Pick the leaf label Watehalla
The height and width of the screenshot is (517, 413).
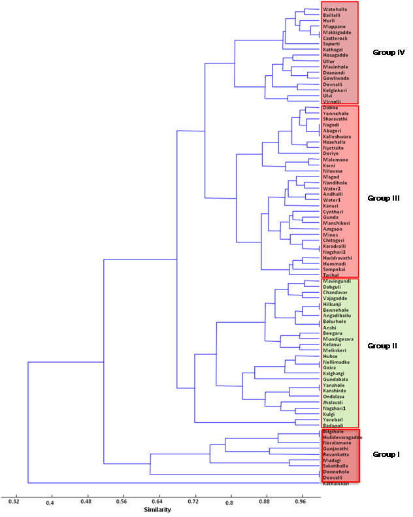(x=334, y=9)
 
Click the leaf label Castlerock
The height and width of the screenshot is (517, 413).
(x=336, y=38)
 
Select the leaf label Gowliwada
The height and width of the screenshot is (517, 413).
(x=336, y=78)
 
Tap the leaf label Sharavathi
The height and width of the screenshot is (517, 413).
(x=337, y=120)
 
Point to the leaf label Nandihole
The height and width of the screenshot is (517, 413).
(x=335, y=183)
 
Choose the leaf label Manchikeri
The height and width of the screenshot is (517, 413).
(x=337, y=223)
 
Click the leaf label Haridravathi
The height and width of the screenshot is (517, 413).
(x=338, y=258)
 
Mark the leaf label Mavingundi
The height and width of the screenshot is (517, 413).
(x=337, y=281)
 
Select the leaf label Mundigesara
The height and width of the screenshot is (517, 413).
(x=339, y=339)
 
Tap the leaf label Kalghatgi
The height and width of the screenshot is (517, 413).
(x=335, y=373)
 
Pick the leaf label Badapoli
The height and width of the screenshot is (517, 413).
(x=333, y=425)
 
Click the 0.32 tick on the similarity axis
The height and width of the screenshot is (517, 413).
(x=14, y=502)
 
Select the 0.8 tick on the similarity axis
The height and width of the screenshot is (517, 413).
(x=229, y=502)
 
